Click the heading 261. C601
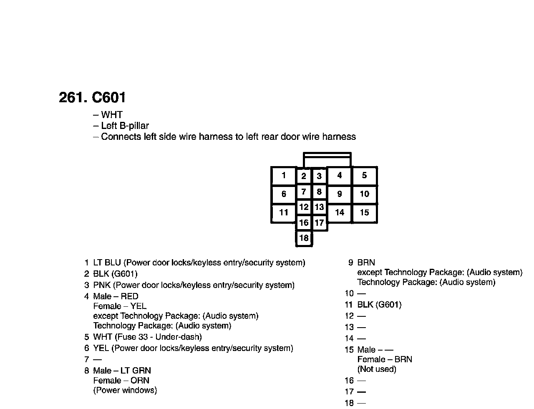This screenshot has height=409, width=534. (92, 98)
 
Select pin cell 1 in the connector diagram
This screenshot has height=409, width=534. (284, 176)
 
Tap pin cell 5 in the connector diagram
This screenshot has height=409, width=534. (365, 176)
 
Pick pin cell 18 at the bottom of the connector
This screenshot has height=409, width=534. (304, 238)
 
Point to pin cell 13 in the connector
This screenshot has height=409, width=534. (319, 207)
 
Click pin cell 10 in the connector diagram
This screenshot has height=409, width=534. (365, 194)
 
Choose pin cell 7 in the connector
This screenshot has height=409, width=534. (304, 192)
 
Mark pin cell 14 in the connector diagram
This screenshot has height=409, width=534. (340, 213)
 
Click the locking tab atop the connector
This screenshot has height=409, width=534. (327, 160)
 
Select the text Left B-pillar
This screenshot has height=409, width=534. (125, 126)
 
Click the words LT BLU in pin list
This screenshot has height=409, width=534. (107, 263)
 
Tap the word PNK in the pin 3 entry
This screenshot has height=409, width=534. (102, 285)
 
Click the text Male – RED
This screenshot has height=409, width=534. (116, 297)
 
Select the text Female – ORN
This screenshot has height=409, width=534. (121, 381)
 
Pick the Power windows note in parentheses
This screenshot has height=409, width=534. (125, 391)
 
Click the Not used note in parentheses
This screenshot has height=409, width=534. (377, 369)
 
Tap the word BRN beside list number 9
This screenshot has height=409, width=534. (366, 263)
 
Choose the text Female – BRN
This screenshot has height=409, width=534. (385, 360)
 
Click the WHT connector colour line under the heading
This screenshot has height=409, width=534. (111, 115)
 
